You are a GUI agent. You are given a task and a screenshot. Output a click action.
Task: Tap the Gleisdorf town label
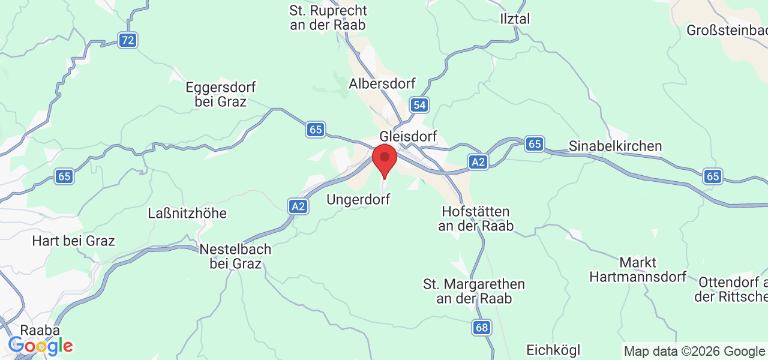408,136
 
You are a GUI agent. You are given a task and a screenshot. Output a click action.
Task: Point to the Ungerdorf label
358,199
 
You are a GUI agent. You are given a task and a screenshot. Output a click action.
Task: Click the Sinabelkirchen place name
615,146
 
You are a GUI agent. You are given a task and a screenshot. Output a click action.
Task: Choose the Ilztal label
515,19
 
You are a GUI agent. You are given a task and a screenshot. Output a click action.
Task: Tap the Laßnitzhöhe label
187,214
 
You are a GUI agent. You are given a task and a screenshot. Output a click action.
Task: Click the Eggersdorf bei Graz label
221,94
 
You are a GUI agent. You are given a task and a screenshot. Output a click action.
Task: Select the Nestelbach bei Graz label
235,256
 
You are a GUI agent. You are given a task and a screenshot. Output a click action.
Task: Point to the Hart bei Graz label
73,241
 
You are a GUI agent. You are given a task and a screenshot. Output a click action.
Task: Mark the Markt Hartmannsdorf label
638,269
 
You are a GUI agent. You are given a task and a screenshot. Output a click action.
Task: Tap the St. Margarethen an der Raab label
474,291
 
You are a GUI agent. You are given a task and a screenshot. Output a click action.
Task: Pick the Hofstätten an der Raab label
475,218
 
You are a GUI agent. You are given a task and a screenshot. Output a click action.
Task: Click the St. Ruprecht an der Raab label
328,18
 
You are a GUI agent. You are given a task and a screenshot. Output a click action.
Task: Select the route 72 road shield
127,40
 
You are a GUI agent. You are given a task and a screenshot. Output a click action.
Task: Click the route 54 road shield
420,105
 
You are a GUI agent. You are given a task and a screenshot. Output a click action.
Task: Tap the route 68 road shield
481,327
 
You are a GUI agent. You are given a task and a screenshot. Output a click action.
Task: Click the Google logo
40,346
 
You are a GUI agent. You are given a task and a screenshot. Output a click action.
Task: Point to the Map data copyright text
694,351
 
